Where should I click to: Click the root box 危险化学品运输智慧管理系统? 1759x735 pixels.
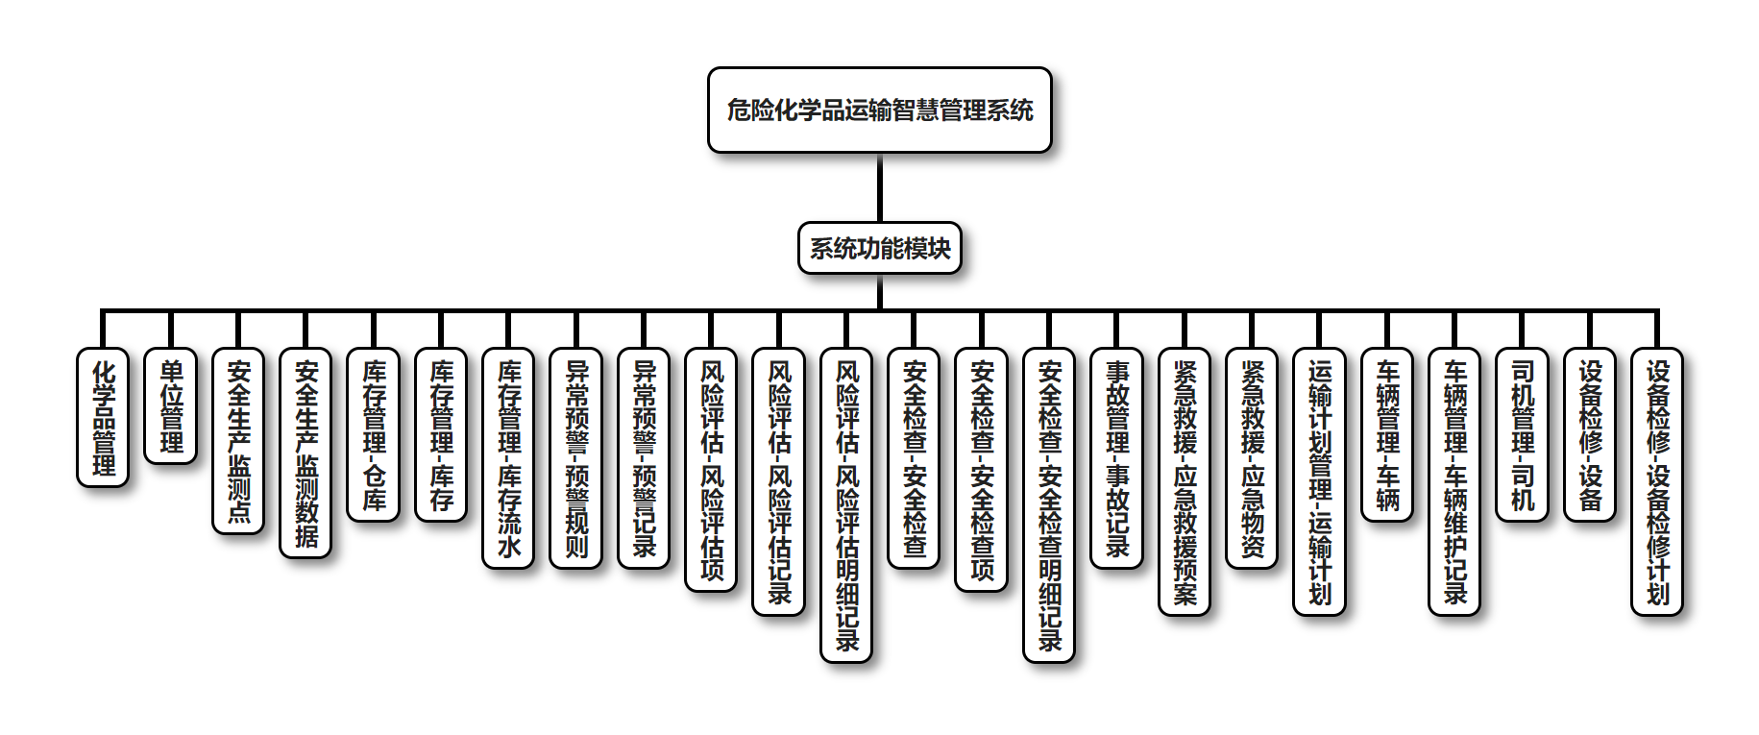coord(879,110)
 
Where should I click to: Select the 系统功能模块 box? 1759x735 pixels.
coord(879,249)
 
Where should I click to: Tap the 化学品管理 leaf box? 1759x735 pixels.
coord(103,418)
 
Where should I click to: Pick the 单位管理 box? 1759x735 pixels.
coord(171,406)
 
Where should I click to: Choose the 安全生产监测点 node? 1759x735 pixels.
coord(238,441)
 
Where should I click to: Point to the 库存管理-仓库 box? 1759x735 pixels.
coord(374,435)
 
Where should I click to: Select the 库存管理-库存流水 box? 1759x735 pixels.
coord(508,458)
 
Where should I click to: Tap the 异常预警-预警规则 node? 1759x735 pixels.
coord(576,458)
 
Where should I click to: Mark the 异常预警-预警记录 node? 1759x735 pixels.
coord(644,458)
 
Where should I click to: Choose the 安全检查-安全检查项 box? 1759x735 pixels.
coord(982,470)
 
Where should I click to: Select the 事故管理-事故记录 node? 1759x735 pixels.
coord(1117,458)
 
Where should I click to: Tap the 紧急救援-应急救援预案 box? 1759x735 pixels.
coord(1185,481)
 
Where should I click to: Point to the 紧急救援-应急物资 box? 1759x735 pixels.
coord(1252,458)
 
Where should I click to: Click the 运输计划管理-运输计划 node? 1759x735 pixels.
coord(1320,481)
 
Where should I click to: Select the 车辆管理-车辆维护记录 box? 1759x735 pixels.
coord(1454,481)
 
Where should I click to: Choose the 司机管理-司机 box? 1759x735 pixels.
coord(1523,435)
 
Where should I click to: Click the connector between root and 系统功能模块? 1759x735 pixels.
coord(879,188)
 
